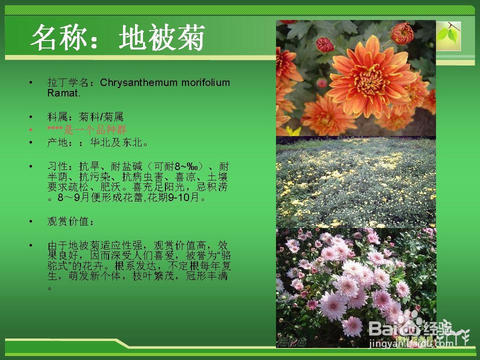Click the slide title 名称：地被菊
point(118,38)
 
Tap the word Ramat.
point(63,93)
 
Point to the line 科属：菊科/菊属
point(85,117)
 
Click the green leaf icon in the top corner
point(448,35)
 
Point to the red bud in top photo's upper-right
point(401,33)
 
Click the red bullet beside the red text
point(31,130)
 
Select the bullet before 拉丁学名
point(31,82)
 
